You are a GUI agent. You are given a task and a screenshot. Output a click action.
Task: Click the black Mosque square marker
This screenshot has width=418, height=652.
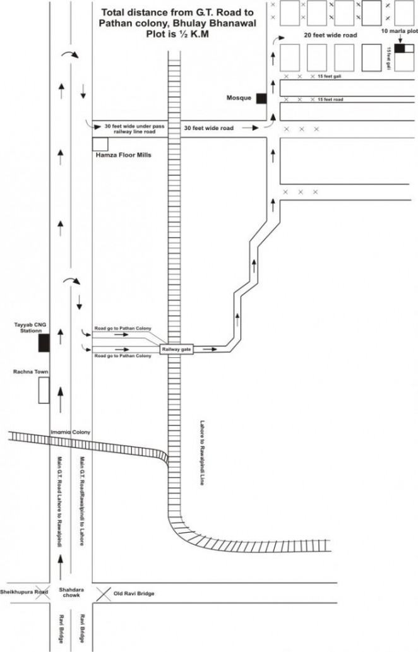(261, 98)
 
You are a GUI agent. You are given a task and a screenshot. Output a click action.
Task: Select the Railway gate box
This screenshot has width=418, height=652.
(176, 348)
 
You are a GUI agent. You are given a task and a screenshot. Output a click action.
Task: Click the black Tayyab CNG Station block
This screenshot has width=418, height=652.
(44, 343)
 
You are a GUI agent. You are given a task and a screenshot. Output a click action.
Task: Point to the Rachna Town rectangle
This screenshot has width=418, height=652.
(44, 390)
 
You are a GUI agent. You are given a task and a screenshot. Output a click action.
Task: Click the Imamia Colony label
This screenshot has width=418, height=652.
(70, 432)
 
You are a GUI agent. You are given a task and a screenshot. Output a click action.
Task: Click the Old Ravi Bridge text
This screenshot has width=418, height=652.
(133, 593)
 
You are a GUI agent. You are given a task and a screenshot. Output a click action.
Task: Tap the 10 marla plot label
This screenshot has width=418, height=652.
(399, 30)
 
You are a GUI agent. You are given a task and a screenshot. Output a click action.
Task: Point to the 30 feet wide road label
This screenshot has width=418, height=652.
(208, 128)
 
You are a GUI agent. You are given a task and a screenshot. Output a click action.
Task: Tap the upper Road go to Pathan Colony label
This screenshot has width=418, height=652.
(123, 329)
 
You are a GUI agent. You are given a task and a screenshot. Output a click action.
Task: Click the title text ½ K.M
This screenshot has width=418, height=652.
(191, 35)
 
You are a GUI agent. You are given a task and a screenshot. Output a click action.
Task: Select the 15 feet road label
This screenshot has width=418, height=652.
(330, 100)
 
